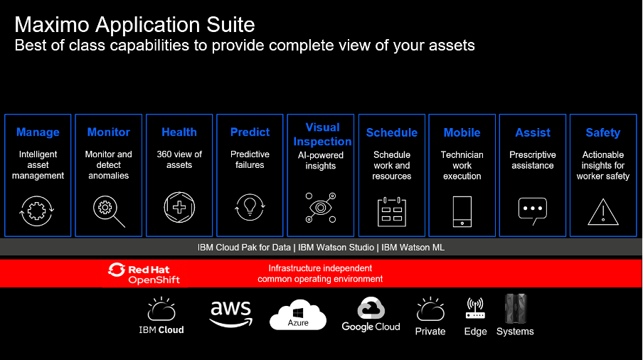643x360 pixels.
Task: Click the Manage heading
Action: pyautogui.click(x=38, y=132)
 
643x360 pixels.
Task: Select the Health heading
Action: pyautogui.click(x=179, y=132)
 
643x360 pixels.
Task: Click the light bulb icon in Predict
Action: pyautogui.click(x=250, y=206)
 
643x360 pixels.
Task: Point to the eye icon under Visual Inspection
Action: pyautogui.click(x=321, y=208)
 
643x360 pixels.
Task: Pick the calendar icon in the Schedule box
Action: pyautogui.click(x=392, y=211)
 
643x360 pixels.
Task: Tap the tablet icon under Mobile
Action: pyautogui.click(x=462, y=211)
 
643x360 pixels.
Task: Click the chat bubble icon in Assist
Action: pyautogui.click(x=533, y=210)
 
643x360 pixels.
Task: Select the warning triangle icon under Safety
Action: pyautogui.click(x=603, y=212)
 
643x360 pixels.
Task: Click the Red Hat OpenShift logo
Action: pyautogui.click(x=144, y=273)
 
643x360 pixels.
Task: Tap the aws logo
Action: pyautogui.click(x=231, y=314)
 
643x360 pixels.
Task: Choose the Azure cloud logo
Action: pyautogui.click(x=298, y=315)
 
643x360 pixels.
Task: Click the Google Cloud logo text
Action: pyautogui.click(x=371, y=327)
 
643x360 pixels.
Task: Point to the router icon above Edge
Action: pyautogui.click(x=475, y=308)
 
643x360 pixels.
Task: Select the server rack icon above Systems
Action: pyautogui.click(x=516, y=309)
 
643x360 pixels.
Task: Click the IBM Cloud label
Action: pyautogui.click(x=161, y=330)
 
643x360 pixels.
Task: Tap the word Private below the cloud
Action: pyautogui.click(x=430, y=332)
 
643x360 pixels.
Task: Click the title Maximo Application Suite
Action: pyautogui.click(x=134, y=25)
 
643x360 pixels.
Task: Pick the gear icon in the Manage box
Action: pyautogui.click(x=36, y=211)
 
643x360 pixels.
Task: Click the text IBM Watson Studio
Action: pyautogui.click(x=336, y=248)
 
